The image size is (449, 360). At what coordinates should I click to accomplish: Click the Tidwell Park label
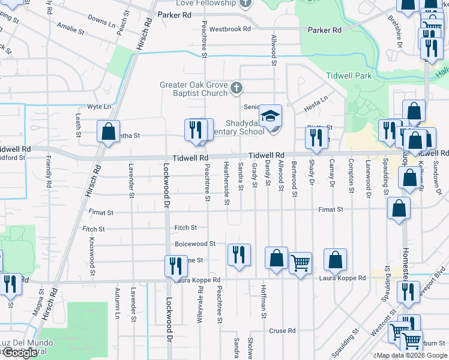349,76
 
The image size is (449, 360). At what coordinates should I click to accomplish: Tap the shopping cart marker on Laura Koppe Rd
300,262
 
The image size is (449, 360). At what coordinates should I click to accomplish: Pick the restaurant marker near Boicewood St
239,254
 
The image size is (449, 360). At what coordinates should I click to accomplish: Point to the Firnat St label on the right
331,209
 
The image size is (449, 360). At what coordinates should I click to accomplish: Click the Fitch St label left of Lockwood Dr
94,229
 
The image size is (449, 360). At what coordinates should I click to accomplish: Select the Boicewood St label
195,244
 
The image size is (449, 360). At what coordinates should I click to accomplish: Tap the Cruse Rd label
282,331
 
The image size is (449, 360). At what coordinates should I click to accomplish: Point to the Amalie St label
71,26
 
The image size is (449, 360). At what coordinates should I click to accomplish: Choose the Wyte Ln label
99,106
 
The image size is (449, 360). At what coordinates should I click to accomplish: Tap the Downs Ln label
101,22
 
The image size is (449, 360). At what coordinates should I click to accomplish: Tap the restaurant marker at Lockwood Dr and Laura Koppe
176,266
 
